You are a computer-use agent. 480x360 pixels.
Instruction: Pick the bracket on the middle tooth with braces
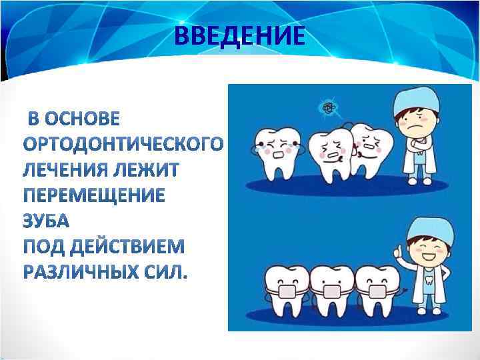329,291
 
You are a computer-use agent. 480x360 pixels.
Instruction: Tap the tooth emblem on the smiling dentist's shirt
430,279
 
